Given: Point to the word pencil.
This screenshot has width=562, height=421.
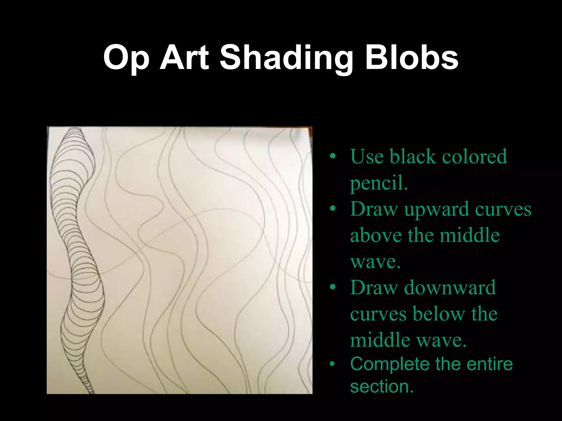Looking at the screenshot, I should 379,183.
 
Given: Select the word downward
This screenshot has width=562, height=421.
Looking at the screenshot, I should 450,288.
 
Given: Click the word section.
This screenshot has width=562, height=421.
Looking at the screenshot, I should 381,386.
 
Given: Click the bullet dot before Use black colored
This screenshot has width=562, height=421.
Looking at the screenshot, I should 333,157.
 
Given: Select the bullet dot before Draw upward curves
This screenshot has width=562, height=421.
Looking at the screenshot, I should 333,209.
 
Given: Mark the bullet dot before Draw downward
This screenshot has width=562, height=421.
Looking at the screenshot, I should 333,288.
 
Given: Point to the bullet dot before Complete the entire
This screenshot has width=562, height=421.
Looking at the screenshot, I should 333,364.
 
